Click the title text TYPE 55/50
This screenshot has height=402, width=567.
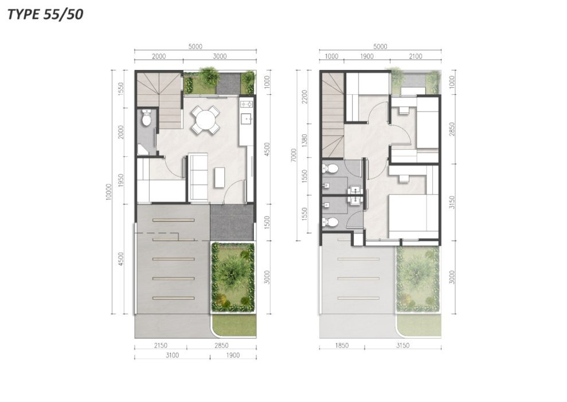tap(45, 14)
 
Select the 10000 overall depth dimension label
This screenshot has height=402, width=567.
tap(108, 192)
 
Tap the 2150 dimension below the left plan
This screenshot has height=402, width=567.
tap(161, 346)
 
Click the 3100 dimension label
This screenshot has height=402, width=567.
tap(172, 355)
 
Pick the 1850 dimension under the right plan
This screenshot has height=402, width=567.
tap(342, 346)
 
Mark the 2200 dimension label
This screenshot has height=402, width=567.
tap(304, 96)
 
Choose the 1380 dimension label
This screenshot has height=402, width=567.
tap(304, 141)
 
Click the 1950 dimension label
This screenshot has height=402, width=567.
tap(121, 180)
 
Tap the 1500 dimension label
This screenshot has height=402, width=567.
tap(267, 222)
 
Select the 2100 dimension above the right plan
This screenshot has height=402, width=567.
tap(416, 56)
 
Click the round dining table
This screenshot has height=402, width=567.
tap(205, 119)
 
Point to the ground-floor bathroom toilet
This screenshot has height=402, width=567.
tap(146, 118)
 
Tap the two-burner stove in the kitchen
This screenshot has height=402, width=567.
tap(247, 105)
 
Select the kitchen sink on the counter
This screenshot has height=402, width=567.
tap(247, 117)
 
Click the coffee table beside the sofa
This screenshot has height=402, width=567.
tap(219, 177)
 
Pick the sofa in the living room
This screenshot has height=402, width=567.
tap(198, 176)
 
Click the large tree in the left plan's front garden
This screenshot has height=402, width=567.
tap(232, 272)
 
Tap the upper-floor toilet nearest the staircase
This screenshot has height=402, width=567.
tap(330, 168)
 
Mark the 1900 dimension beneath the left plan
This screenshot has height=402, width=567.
tap(233, 355)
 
